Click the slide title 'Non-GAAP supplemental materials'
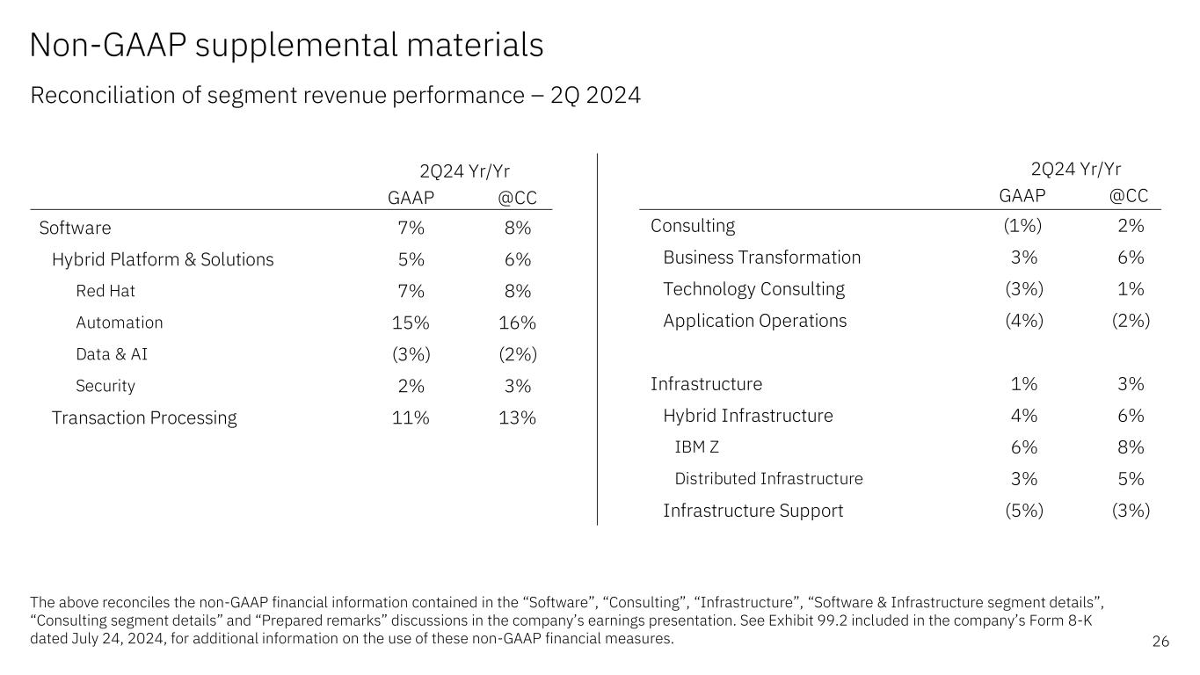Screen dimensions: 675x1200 tap(287, 46)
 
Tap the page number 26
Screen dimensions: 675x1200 tap(1160, 642)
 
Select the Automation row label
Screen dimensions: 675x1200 tap(120, 323)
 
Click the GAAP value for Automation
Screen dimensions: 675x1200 tap(411, 323)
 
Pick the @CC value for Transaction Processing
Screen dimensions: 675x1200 tap(516, 417)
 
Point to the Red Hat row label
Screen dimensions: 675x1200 tap(105, 291)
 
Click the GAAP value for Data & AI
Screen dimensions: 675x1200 tap(411, 354)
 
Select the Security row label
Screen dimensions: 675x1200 tap(105, 386)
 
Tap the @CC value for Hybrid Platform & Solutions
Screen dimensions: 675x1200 tap(516, 259)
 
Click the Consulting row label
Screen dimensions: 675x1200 tap(693, 226)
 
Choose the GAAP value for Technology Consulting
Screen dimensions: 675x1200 tap(1023, 289)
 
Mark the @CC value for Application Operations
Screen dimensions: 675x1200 tap(1131, 321)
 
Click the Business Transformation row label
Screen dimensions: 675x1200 tap(761, 258)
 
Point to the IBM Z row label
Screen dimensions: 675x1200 tap(696, 447)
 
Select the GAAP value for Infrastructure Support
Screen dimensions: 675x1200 tap(1023, 511)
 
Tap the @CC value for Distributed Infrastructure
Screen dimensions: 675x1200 tap(1131, 479)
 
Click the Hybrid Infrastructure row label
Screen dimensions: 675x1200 tap(747, 416)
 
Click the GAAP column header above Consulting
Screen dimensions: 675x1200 tap(1023, 196)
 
